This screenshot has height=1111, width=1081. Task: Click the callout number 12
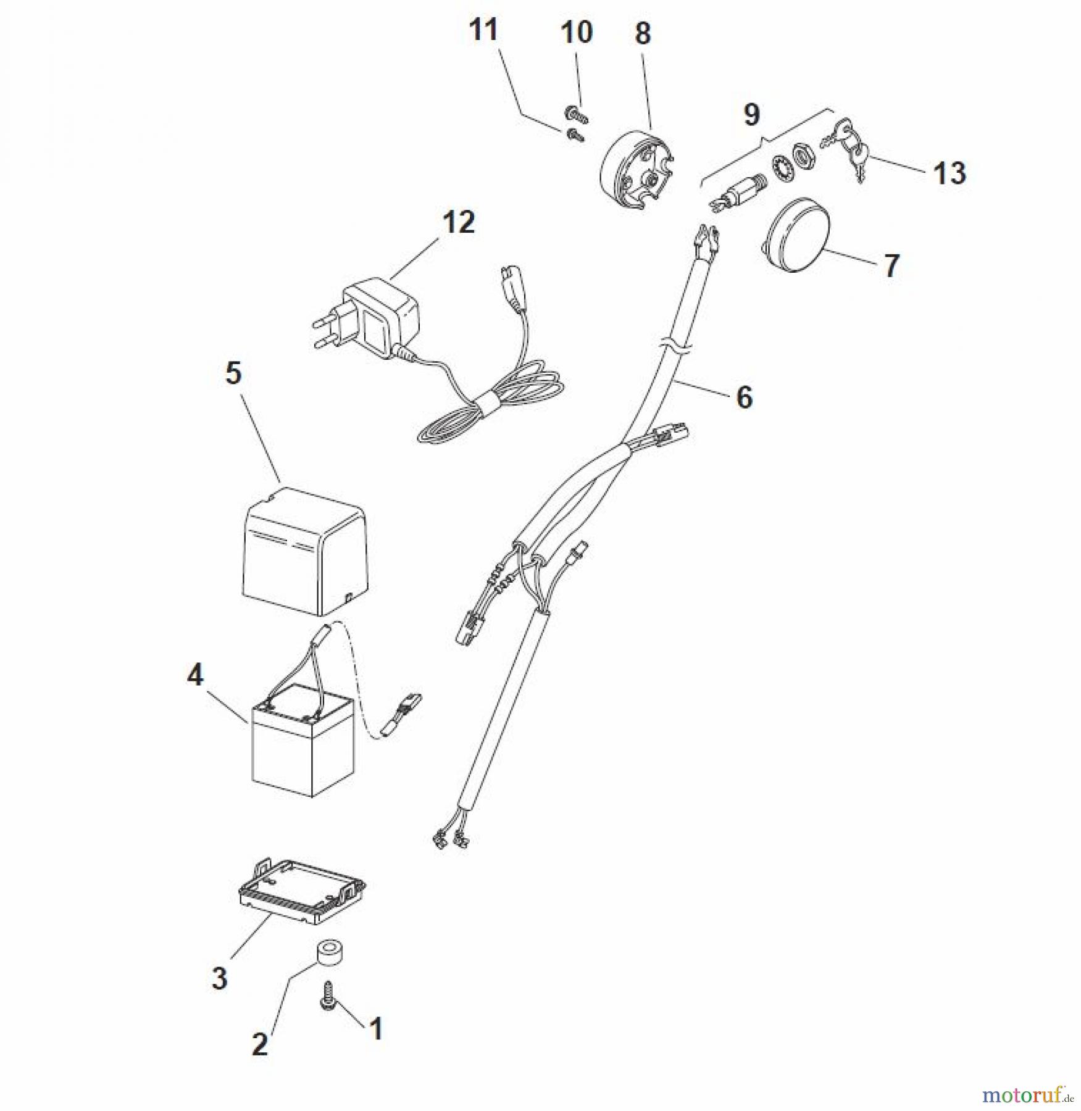tap(458, 222)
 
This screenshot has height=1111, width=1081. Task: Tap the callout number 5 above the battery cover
tap(233, 373)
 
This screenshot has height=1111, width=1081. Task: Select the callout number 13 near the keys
tap(949, 173)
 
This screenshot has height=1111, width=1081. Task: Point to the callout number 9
tap(751, 114)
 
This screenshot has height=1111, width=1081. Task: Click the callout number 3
tap(219, 978)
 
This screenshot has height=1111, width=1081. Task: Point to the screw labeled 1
tap(327, 996)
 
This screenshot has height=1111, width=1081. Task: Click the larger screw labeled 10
tap(576, 113)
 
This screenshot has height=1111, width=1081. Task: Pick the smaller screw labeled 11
tap(576, 134)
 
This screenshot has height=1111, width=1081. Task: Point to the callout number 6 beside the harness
tap(745, 397)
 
